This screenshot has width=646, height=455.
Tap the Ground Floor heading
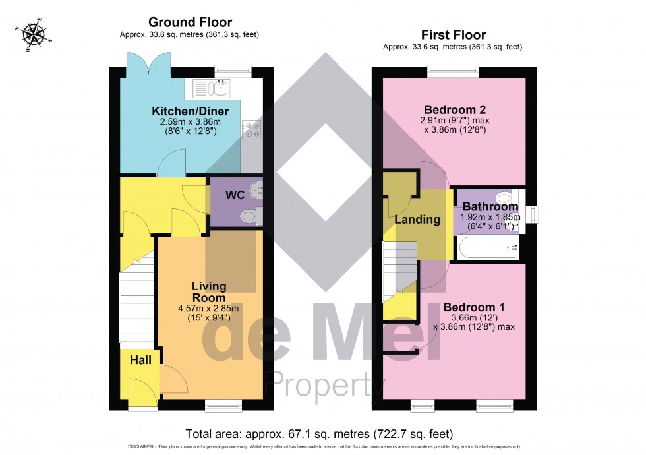[190, 23]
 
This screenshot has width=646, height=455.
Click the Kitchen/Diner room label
[191, 111]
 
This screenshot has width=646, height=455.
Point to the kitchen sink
[212, 86]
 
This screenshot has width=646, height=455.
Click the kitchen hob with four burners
[251, 129]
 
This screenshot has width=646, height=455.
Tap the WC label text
[236, 196]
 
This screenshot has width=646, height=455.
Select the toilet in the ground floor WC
[250, 214]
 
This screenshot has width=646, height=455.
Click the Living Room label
[209, 291]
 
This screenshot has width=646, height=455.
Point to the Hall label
[140, 360]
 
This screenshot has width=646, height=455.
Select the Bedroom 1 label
[473, 307]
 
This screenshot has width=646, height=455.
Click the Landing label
[417, 220]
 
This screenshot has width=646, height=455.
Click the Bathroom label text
[490, 206]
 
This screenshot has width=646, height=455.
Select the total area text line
[320, 434]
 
